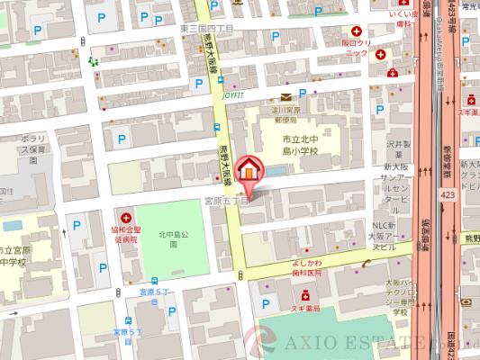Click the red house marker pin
(250, 171)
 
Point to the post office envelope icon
(285, 96)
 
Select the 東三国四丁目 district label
(206, 28)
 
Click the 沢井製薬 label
(395, 148)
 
